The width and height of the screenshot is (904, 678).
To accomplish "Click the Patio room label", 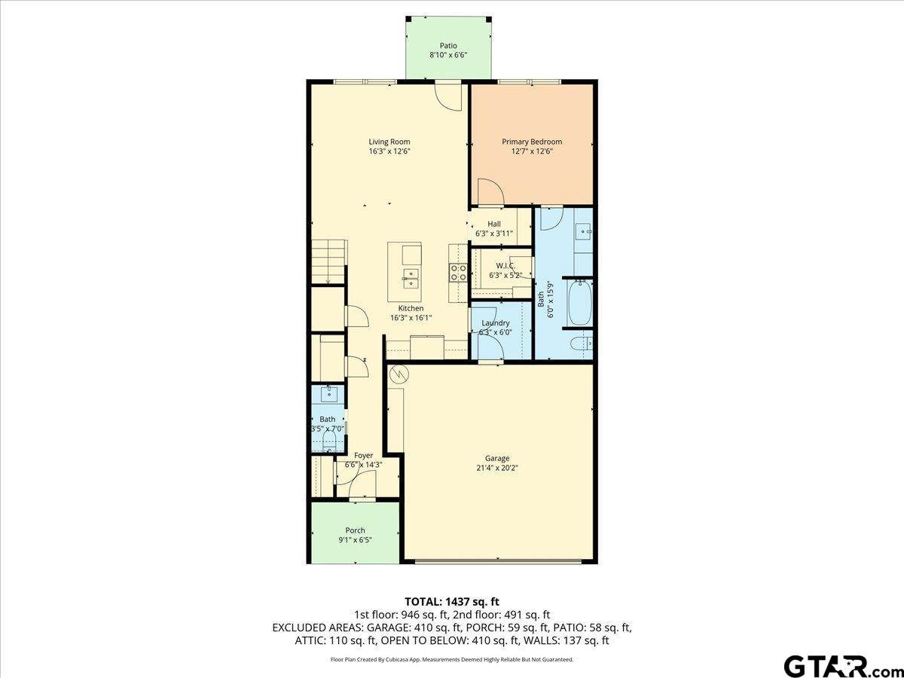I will [448, 46].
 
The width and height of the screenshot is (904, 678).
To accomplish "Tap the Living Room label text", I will [389, 142].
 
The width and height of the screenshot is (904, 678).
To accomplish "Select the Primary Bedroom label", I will [532, 142].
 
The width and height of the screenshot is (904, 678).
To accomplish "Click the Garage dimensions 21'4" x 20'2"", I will [497, 468].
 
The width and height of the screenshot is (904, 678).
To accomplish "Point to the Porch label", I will [355, 530].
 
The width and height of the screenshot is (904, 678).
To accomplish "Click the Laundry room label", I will [496, 323].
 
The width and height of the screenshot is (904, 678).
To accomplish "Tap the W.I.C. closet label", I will [505, 265].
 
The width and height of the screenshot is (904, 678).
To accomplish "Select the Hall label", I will [494, 224].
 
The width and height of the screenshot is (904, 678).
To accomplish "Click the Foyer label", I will [363, 456].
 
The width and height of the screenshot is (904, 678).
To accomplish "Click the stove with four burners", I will [458, 273].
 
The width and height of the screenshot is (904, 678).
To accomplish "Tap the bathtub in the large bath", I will [579, 303].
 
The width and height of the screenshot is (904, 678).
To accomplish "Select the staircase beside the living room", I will [328, 261].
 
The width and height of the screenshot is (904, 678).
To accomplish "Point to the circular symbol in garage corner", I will [398, 373].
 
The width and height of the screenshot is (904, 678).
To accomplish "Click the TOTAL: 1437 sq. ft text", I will [452, 601].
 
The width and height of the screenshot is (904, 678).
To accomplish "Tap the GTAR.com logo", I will [836, 666].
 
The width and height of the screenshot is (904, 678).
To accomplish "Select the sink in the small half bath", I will [329, 393].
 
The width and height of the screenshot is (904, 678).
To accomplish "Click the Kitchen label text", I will [411, 308].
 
